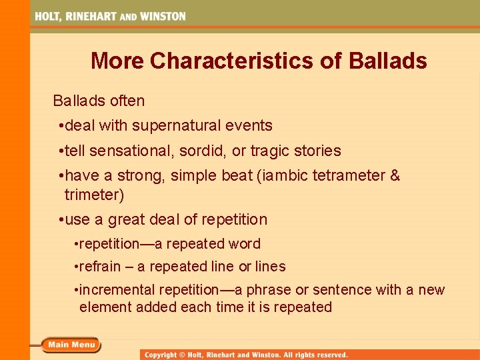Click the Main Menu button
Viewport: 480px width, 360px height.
[71, 345]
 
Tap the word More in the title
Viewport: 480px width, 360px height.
[117, 61]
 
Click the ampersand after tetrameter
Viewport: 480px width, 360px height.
[395, 176]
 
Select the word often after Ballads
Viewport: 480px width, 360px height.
[128, 101]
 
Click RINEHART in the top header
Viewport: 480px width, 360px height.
[92, 16]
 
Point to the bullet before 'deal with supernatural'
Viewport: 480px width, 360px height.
[61, 125]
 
